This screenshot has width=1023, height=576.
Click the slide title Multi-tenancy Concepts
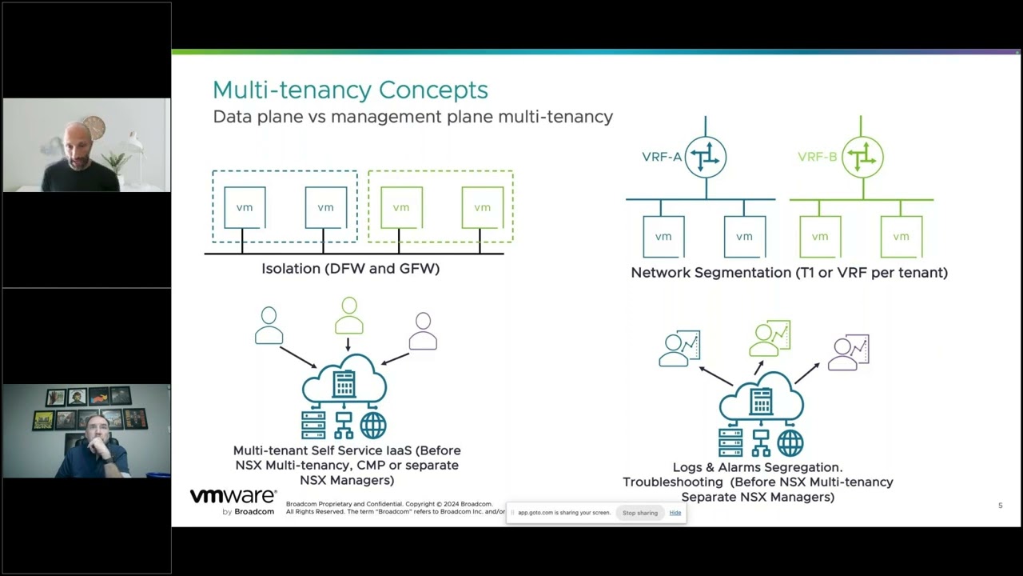pyautogui.click(x=350, y=90)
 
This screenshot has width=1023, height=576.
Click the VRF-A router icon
pyautogui.click(x=706, y=157)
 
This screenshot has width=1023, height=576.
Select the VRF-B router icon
pyautogui.click(x=862, y=157)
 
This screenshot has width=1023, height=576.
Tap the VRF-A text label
pyautogui.click(x=662, y=157)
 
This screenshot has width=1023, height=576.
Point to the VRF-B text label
pyautogui.click(x=817, y=157)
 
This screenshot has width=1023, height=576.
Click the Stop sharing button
pyautogui.click(x=640, y=513)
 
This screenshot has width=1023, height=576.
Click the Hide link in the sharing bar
pyautogui.click(x=675, y=513)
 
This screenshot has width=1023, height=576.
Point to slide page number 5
pyautogui.click(x=1000, y=506)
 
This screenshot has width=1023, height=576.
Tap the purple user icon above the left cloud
pyautogui.click(x=423, y=331)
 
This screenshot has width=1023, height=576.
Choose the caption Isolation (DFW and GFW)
pyautogui.click(x=350, y=269)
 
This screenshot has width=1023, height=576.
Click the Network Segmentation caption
pyautogui.click(x=789, y=273)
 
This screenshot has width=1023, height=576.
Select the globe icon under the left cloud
pyautogui.click(x=373, y=426)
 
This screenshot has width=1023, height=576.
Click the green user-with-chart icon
pyautogui.click(x=770, y=338)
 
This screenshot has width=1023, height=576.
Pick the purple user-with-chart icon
pyautogui.click(x=848, y=353)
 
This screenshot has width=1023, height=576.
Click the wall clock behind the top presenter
pyautogui.click(x=94, y=127)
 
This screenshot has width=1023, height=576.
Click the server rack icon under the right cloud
pyautogui.click(x=730, y=442)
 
